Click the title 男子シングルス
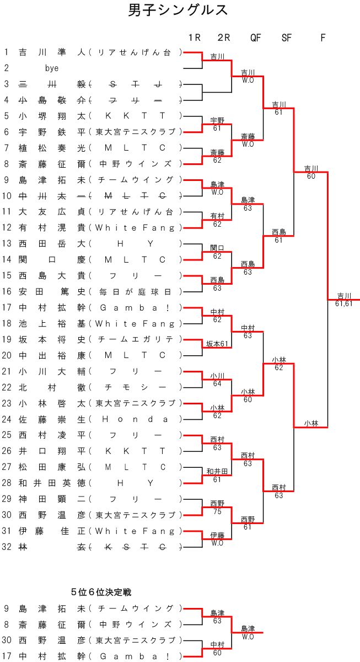coord(178,10)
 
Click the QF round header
coord(255,38)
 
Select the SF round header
coord(287,38)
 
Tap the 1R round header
coord(194,38)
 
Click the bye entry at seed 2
coord(52,68)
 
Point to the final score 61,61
coord(343,303)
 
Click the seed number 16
coord(7,291)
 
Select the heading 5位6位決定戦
coord(101,592)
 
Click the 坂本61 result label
coord(217,344)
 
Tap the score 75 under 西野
coord(217,511)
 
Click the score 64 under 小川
coord(217,383)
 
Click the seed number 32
coord(7,547)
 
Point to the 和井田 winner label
coord(217,471)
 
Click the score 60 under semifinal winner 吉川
coord(311,176)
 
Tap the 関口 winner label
coord(217,248)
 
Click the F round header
coord(323,38)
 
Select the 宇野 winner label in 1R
coord(217,120)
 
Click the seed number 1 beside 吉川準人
coord(7,52)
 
